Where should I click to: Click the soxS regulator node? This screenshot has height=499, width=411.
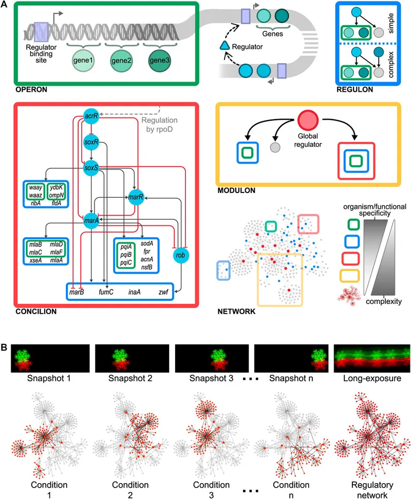[91, 167]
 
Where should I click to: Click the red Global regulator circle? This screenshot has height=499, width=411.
[308, 121]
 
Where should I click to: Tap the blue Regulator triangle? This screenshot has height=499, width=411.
[224, 47]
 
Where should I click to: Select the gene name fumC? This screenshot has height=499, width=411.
[106, 292]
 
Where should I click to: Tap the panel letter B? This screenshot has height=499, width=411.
[5, 347]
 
